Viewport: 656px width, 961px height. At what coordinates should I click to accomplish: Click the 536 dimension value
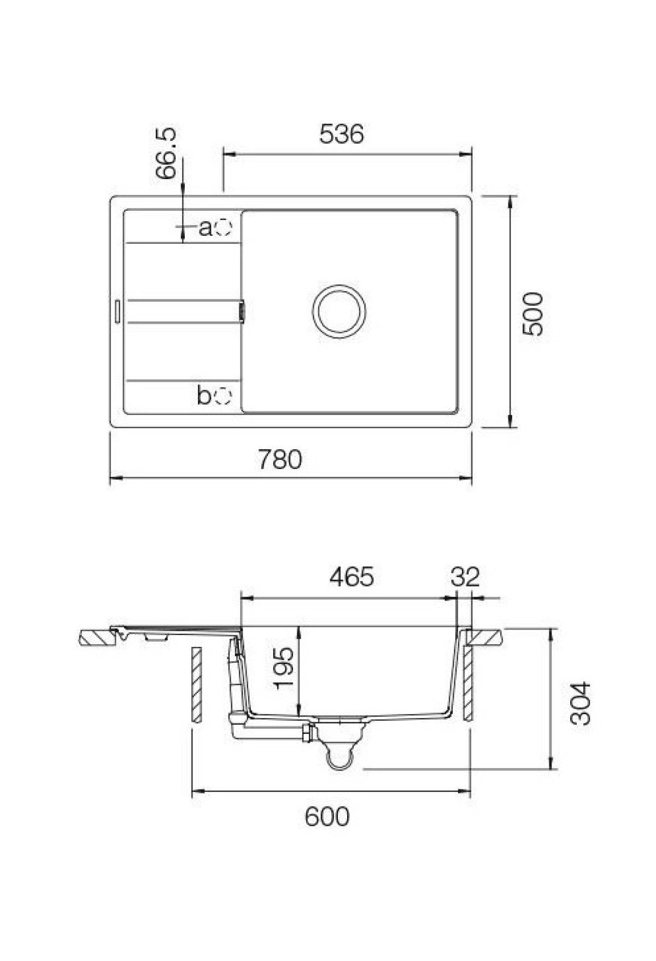tap(341, 134)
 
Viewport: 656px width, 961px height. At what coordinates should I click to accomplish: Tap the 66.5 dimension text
tap(165, 154)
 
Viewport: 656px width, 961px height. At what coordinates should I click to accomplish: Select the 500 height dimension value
tap(532, 314)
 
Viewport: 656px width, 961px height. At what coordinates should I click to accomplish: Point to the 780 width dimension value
tap(280, 460)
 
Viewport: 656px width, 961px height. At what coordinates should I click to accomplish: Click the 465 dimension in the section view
tap(352, 577)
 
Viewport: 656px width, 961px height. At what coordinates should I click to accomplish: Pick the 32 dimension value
tap(466, 577)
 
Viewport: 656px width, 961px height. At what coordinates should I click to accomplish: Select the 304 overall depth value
tap(581, 703)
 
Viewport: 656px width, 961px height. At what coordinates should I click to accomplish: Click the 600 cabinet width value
tap(327, 817)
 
